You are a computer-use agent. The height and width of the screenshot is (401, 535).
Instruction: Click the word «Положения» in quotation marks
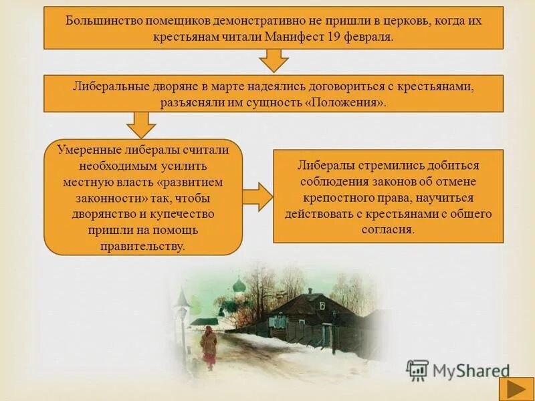pyautogui.click(x=349, y=102)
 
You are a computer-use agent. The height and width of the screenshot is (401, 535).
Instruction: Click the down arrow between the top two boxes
pyautogui.click(x=273, y=61)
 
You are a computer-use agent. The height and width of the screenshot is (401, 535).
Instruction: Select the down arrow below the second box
pyautogui.click(x=141, y=124)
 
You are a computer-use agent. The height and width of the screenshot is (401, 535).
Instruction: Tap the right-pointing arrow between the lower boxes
pyautogui.click(x=257, y=196)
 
